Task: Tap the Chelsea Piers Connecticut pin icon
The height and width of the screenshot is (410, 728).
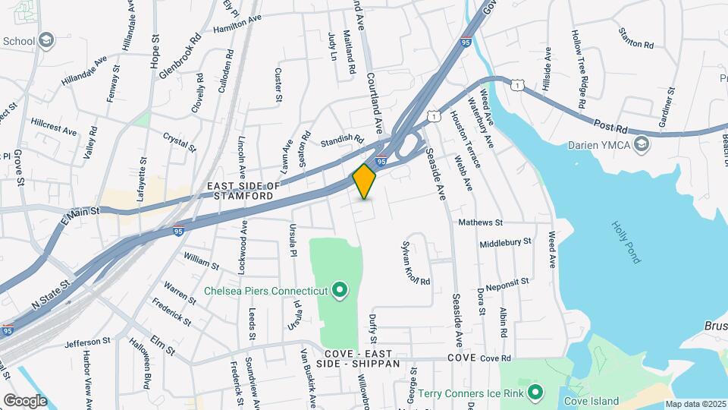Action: [x=340, y=290]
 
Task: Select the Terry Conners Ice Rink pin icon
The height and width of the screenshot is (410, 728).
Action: [x=536, y=392]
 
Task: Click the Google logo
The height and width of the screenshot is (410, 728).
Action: [x=26, y=400]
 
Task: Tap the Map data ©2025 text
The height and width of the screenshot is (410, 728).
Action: [x=695, y=404]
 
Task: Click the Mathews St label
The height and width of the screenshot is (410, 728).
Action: [x=481, y=223]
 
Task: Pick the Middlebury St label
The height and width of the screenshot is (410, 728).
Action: [x=506, y=244]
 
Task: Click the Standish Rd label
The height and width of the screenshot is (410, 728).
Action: [x=342, y=140]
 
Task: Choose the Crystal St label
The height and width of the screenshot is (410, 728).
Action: [x=180, y=141]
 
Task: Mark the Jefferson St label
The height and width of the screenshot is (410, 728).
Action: [x=83, y=342]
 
